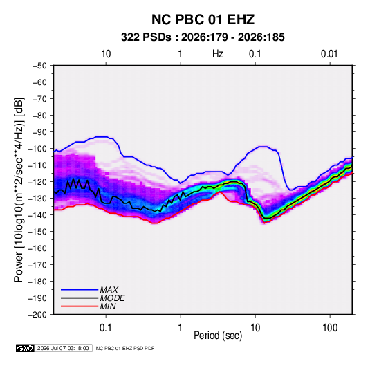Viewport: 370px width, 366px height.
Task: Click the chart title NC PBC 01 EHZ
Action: [x=203, y=19]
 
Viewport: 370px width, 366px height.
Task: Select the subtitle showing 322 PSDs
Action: [x=203, y=37]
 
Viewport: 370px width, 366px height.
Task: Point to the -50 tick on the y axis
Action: [x=39, y=66]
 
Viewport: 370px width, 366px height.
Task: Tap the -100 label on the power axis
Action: [x=37, y=149]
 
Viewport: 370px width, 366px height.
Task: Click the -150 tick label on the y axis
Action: [x=37, y=232]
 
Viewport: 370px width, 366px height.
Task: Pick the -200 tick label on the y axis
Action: [x=37, y=315]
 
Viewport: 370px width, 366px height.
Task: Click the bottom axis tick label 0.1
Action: [x=106, y=328]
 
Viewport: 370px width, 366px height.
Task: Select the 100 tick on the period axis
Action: [x=330, y=328]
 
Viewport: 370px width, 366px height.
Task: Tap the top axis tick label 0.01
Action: [x=329, y=54]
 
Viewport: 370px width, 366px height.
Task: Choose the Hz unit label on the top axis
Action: [x=218, y=54]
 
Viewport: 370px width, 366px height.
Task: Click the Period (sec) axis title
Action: [x=218, y=336]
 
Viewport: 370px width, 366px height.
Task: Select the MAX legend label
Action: [x=109, y=290]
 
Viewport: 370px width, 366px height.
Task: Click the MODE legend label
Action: [x=112, y=298]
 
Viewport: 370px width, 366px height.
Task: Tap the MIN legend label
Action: [x=108, y=306]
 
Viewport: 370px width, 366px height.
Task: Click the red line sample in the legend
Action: [x=80, y=306]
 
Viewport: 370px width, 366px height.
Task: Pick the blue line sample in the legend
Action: [x=80, y=290]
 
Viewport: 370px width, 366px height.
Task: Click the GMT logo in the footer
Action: [x=26, y=348]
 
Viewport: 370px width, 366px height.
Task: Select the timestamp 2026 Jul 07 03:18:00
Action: [x=63, y=348]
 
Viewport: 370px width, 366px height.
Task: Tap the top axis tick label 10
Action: [x=106, y=54]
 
